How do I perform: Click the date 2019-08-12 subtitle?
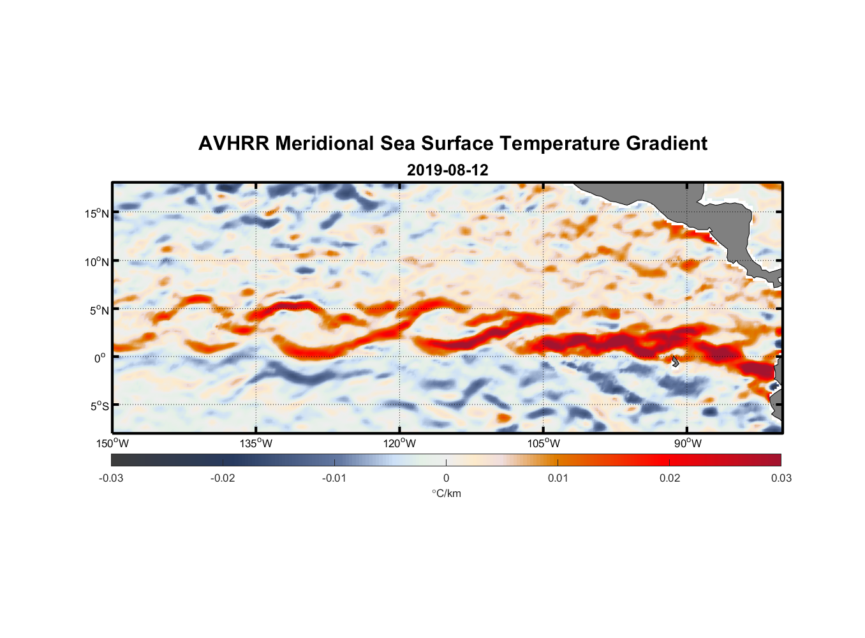pos(447,170)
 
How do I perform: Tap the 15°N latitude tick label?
pos(97,213)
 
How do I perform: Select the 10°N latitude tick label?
pos(97,262)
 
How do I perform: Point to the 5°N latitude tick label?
pos(99,310)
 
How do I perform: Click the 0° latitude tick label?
pos(100,358)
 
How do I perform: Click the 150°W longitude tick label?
pos(112,443)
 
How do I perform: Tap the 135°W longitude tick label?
pos(256,443)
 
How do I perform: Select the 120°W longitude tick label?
pos(399,443)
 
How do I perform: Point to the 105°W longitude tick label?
pos(543,443)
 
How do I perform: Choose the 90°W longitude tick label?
pos(688,443)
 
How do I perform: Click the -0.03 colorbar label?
pos(111,478)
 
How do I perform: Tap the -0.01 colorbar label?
pos(334,478)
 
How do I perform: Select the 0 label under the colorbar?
pos(446,478)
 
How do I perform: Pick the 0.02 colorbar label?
pos(670,478)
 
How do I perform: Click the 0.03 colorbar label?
pos(781,478)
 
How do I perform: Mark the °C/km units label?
pos(446,493)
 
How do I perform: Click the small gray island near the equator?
pos(675,361)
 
